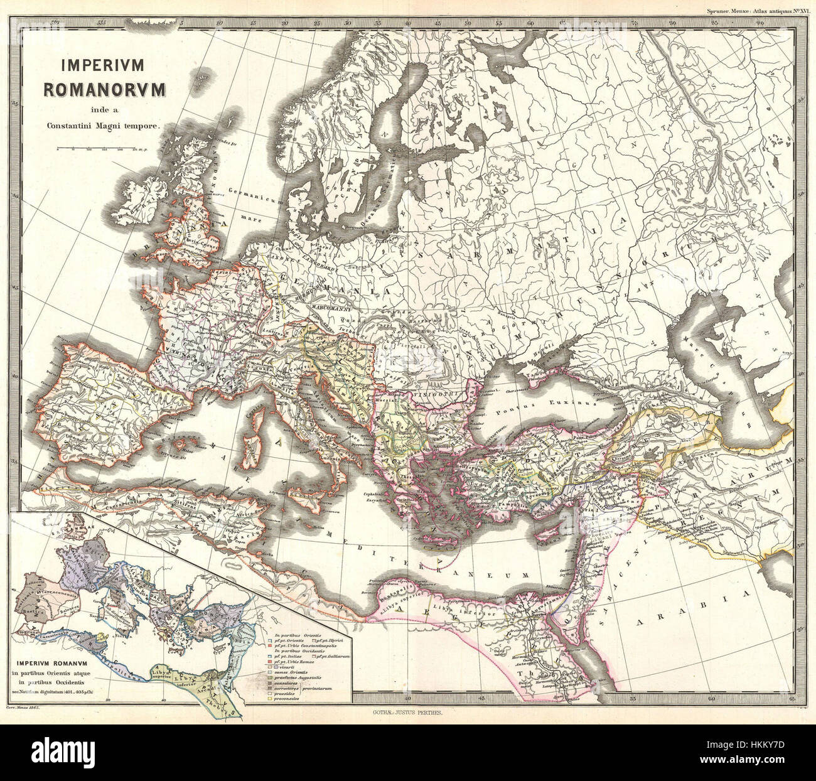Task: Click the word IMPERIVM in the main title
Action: click(103, 65)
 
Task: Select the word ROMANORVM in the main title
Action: click(104, 89)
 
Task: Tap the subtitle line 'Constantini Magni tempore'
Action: click(104, 126)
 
